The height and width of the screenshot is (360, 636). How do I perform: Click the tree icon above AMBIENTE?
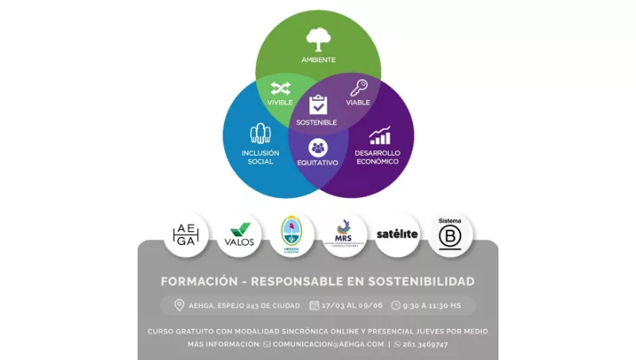pyautogui.click(x=318, y=39)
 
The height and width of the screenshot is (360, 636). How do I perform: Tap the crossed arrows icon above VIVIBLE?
pyautogui.click(x=280, y=87)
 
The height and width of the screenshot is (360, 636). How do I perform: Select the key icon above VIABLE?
pyautogui.click(x=359, y=87)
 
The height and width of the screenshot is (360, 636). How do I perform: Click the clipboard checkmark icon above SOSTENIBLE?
pyautogui.click(x=318, y=105)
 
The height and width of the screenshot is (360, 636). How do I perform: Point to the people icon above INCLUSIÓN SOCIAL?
pyautogui.click(x=260, y=134)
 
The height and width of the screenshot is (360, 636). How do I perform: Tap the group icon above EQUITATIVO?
pyautogui.click(x=318, y=147)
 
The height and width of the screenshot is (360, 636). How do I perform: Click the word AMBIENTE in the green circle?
pyautogui.click(x=318, y=60)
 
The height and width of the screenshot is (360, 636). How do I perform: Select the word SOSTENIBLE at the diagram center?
pyautogui.click(x=316, y=122)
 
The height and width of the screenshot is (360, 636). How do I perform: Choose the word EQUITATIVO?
pyautogui.click(x=318, y=162)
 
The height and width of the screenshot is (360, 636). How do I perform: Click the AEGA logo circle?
pyautogui.click(x=186, y=234)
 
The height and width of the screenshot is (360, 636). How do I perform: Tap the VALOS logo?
pyautogui.click(x=239, y=234)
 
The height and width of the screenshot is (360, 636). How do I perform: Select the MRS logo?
pyautogui.click(x=344, y=234)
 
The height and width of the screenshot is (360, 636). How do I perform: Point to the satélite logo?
pyautogui.click(x=397, y=234)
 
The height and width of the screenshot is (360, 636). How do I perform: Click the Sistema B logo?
pyautogui.click(x=450, y=234)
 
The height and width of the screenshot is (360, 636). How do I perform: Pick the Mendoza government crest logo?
pyautogui.click(x=292, y=234)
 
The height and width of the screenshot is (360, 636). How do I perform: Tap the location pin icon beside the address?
pyautogui.click(x=179, y=305)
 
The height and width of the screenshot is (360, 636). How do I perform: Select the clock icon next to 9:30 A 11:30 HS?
pyautogui.click(x=396, y=305)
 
